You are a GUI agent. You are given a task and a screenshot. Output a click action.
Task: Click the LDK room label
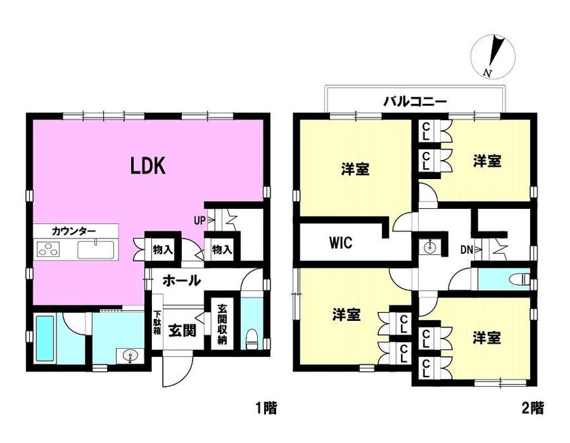coord(148,166)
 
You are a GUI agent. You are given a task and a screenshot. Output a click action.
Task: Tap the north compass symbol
coord(493,57)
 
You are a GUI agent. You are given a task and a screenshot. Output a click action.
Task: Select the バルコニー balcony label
coord(415,101)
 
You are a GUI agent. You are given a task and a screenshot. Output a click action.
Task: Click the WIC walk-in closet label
coord(341,242)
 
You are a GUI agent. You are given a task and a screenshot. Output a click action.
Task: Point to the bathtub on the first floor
coord(45,338)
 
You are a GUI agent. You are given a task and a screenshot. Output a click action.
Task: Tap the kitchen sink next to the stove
coord(96,250)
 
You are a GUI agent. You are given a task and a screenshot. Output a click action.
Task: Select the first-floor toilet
coord(251,339)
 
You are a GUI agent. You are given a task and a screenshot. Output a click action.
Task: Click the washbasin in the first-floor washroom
coord(129,355)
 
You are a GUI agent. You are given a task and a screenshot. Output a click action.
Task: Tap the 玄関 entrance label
coord(182,330)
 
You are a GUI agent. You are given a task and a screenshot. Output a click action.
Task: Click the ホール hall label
coord(181,280)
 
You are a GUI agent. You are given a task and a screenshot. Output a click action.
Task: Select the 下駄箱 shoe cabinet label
coord(157,323)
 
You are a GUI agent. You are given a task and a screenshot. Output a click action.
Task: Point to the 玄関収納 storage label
coord(222,324)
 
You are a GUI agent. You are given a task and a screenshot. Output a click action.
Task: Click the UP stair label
coord(199,220)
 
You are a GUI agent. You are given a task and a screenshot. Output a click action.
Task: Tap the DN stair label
coord(467,250)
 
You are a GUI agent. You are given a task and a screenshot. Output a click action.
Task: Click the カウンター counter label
coord(74,231)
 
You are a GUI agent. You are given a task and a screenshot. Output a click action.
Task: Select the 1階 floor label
coord(266,408)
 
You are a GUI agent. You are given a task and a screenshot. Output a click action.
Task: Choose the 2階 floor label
coord(533,408)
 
